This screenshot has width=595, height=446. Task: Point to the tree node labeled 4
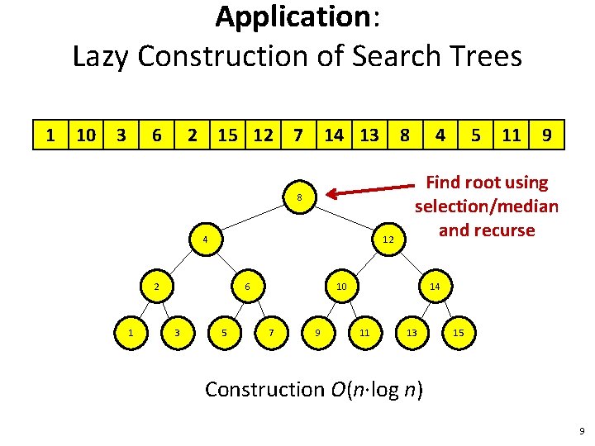204,240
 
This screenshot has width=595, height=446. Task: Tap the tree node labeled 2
156,287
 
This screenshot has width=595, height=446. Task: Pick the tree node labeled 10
341,287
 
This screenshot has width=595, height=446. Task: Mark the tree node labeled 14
434,287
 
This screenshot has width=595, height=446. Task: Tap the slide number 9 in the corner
582,430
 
